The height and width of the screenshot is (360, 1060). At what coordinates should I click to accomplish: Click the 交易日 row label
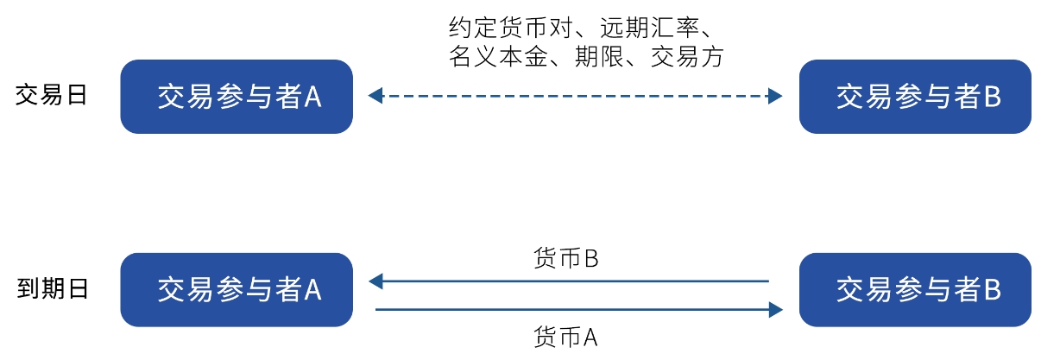[x=52, y=96]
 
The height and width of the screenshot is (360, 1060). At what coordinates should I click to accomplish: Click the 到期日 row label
[x=52, y=288]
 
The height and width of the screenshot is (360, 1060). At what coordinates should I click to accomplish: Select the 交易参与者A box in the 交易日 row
[x=237, y=97]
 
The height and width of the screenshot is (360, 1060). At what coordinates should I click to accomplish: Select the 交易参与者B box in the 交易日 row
[x=915, y=97]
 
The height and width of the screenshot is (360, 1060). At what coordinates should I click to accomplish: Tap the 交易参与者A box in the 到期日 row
[x=237, y=290]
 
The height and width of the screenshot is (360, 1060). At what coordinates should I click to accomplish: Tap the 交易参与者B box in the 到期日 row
[x=915, y=290]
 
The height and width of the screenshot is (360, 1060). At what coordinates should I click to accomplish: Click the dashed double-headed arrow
[x=575, y=97]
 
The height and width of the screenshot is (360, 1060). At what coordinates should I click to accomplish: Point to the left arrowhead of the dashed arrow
[x=374, y=97]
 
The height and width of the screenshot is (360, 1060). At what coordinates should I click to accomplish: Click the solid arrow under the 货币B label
[x=575, y=281]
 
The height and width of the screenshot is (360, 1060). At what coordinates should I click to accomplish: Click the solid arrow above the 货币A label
[x=575, y=307]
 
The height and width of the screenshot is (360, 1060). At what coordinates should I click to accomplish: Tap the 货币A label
[x=566, y=336]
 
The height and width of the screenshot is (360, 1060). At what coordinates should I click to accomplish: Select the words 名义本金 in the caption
[x=489, y=57]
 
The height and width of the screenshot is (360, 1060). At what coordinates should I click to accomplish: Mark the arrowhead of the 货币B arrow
[x=375, y=281]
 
